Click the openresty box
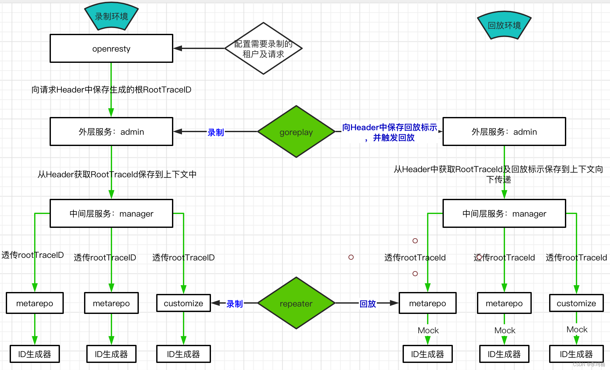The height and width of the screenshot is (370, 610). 111,49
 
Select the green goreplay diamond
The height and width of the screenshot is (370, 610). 296,132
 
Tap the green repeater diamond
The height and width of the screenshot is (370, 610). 296,303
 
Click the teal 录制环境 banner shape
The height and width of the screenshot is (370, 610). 111,16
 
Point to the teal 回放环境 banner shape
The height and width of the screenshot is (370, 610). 504,25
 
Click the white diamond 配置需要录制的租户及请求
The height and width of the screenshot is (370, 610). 263,49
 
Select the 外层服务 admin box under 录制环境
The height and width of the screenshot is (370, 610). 111,132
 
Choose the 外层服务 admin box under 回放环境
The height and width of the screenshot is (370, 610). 504,132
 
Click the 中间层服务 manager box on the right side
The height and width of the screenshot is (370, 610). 504,214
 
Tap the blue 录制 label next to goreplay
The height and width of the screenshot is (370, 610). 215,132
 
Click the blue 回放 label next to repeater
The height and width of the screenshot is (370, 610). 367,304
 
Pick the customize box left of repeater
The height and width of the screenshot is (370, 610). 183,303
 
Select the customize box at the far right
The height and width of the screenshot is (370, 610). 576,303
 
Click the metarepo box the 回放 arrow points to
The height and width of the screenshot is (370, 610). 427,303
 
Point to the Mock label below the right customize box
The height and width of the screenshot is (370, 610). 577,329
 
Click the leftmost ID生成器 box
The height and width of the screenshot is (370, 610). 34,354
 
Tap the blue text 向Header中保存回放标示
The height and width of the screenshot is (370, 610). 389,128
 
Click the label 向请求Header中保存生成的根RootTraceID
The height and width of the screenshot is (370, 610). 111,90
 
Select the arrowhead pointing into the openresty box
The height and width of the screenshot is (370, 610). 177,48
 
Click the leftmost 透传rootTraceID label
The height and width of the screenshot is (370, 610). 33,255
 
